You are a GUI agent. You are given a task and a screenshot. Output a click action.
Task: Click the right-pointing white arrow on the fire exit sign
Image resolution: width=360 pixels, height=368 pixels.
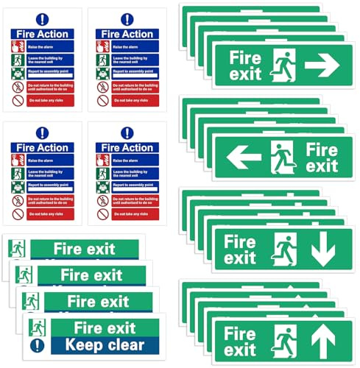(x=322, y=65)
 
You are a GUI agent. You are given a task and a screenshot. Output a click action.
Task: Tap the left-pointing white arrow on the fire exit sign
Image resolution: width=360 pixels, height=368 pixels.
(x=244, y=157)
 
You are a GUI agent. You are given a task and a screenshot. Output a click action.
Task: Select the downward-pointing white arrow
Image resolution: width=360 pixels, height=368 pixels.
(x=323, y=250)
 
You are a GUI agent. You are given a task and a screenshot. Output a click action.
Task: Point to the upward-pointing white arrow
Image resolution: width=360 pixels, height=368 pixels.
(x=323, y=342)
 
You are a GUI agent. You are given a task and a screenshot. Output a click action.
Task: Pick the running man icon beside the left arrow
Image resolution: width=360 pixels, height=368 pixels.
(x=282, y=157)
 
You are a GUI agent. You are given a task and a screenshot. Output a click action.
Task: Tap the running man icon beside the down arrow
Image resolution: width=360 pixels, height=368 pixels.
(x=284, y=250)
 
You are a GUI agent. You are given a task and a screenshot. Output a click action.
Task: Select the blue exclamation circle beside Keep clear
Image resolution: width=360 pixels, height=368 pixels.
(x=38, y=344)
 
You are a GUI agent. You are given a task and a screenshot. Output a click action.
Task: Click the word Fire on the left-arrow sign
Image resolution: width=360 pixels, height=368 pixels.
(x=321, y=148)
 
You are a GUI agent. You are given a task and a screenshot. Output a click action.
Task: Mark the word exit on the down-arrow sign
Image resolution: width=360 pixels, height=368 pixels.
(x=240, y=258)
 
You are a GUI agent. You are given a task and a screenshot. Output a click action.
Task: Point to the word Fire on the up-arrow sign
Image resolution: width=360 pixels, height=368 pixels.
(x=241, y=333)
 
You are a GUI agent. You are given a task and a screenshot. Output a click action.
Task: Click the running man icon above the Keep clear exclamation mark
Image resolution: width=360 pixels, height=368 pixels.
(x=38, y=326)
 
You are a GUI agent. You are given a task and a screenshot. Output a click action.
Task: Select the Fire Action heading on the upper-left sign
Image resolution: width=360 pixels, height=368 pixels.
(x=42, y=34)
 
